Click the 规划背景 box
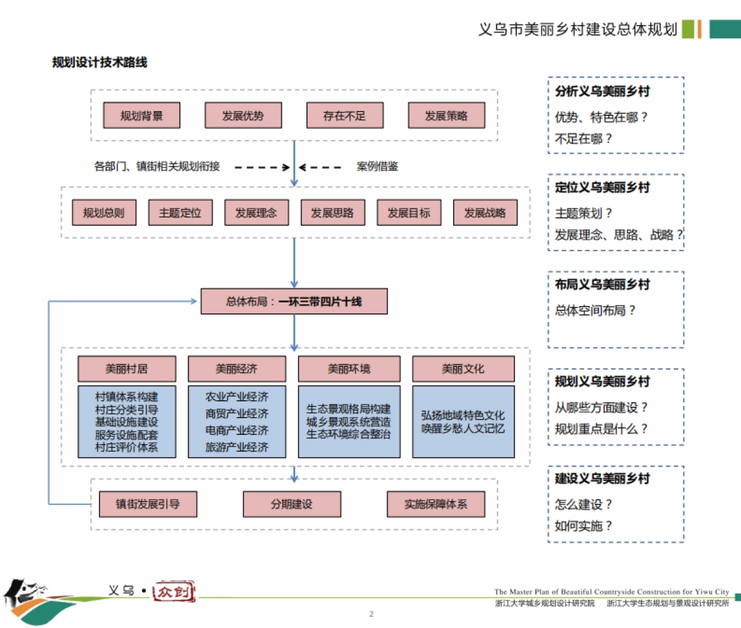click(x=141, y=115)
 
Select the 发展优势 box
click(x=243, y=115)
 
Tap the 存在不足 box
click(x=345, y=115)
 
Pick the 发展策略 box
click(x=446, y=115)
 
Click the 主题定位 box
click(x=180, y=213)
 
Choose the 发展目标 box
click(x=409, y=213)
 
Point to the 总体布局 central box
click(x=294, y=302)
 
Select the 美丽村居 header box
click(x=127, y=369)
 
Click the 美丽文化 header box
click(x=463, y=369)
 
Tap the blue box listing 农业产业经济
click(x=237, y=422)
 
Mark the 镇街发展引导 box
click(x=148, y=504)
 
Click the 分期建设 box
click(x=292, y=504)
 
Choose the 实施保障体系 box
click(x=436, y=504)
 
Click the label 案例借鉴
click(x=377, y=167)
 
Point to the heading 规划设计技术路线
click(x=100, y=62)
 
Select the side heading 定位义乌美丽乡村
click(x=602, y=188)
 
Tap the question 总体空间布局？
click(x=595, y=310)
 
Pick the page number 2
click(x=371, y=614)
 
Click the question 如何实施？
click(x=583, y=526)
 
